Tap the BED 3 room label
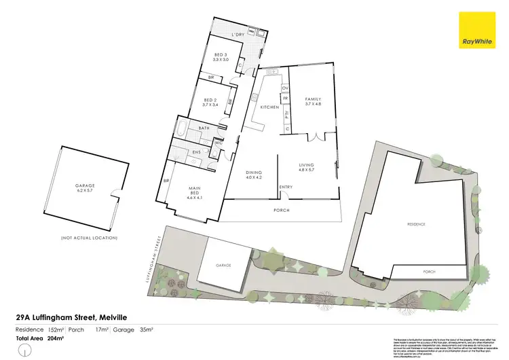click(220, 58)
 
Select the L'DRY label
click(238, 34)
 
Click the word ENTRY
click(286, 187)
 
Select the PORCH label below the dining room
click(281, 210)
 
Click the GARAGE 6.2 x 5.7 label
click(87, 188)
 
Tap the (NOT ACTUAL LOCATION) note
click(89, 238)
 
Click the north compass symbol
click(25, 350)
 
